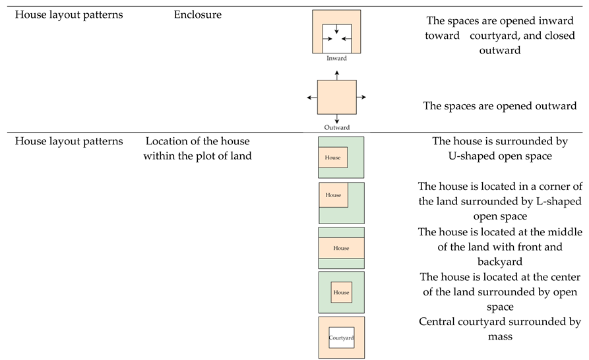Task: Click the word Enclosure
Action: click(198, 15)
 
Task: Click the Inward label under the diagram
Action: click(336, 59)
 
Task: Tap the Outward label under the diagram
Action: click(336, 127)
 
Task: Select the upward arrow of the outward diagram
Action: click(337, 76)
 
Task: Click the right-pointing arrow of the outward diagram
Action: click(361, 98)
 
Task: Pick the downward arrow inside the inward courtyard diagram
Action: click(337, 28)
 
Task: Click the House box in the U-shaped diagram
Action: click(332, 158)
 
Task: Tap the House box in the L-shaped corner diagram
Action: click(333, 195)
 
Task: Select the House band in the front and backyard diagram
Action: click(341, 248)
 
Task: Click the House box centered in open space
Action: click(341, 292)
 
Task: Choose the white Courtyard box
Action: click(341, 338)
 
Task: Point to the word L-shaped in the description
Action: click(524, 201)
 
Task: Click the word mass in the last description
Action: click(499, 336)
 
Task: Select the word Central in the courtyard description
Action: click(436, 322)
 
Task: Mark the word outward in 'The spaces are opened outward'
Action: click(553, 105)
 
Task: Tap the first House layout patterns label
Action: click(69, 15)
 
